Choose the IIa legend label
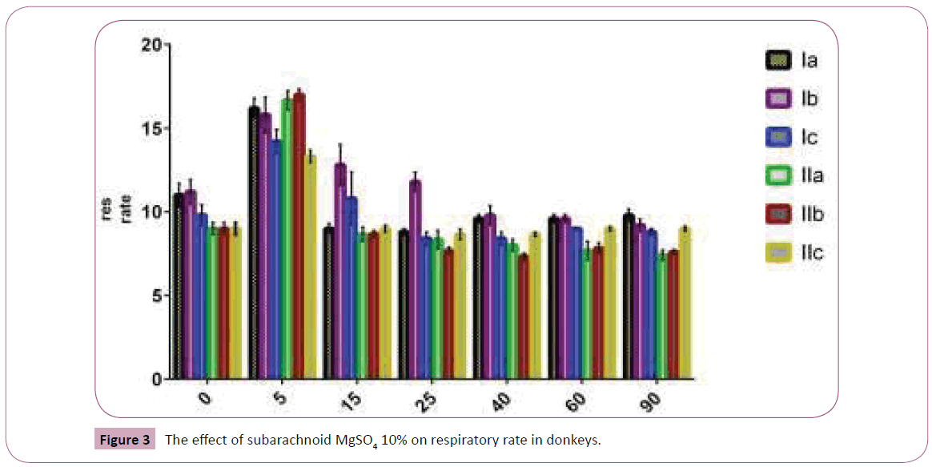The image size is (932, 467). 810,175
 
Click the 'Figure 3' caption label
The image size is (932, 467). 124,440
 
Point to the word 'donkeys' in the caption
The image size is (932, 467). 575,440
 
